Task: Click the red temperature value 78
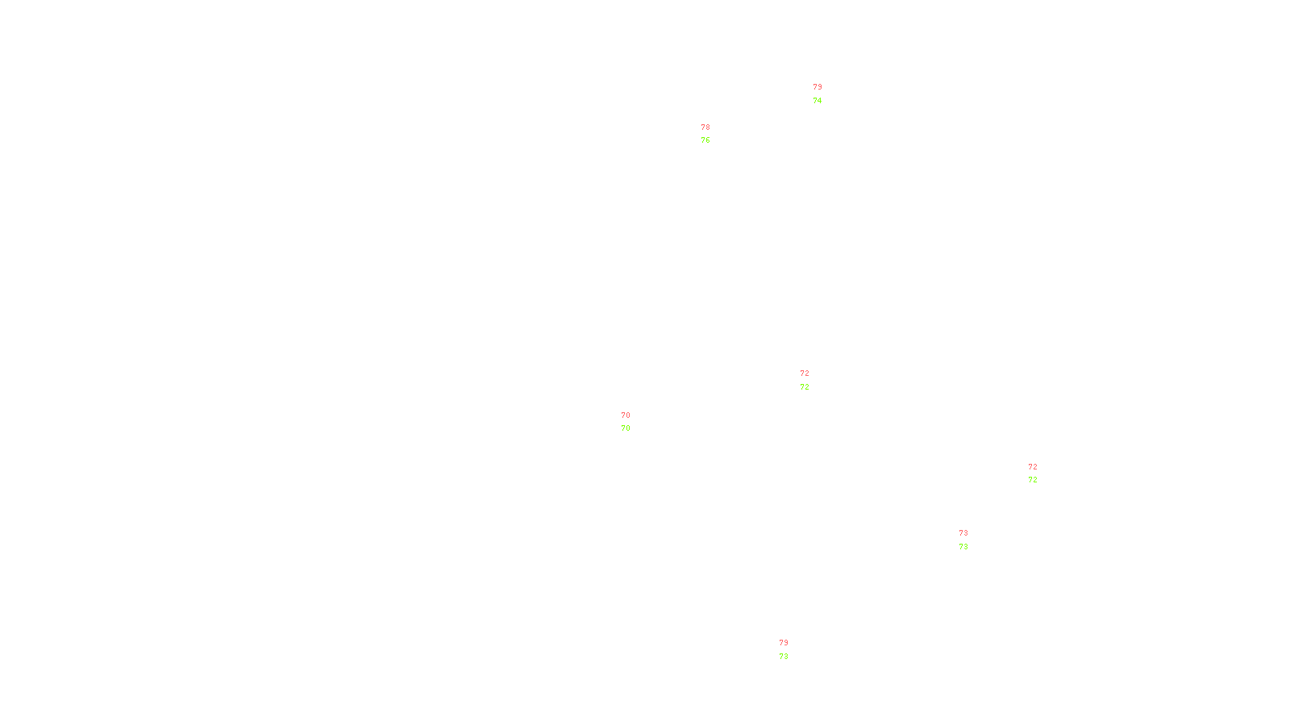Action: [705, 127]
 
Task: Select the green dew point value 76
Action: [705, 140]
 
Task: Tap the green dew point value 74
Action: [818, 101]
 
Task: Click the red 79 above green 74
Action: [818, 87]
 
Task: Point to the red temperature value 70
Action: [626, 415]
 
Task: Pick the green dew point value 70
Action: [626, 428]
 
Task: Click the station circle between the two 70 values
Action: [633, 422]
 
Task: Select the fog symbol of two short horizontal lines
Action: [1032, 474]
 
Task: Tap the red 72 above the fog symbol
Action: [1033, 467]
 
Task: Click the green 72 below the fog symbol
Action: [1033, 480]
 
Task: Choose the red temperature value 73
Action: [963, 533]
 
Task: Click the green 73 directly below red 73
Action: [963, 547]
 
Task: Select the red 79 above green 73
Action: [784, 643]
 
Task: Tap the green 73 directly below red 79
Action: [784, 657]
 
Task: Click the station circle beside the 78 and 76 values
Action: [714, 134]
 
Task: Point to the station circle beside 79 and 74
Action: [825, 94]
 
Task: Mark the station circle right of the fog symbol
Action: [1040, 474]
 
